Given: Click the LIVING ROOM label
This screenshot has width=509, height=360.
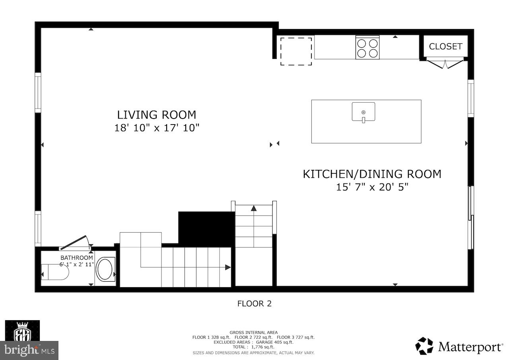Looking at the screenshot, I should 156,115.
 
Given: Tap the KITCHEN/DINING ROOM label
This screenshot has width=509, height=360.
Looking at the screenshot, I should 372,174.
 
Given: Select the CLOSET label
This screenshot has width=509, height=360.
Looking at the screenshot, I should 445,47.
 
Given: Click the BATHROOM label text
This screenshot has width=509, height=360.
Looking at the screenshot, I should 76,258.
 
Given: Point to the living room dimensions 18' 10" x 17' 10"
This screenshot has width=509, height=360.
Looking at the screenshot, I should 156,128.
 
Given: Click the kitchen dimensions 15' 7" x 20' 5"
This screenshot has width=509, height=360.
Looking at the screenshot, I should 372,187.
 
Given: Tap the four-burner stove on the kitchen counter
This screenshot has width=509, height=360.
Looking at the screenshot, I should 367,48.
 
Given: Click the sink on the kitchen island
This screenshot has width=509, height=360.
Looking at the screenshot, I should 363,112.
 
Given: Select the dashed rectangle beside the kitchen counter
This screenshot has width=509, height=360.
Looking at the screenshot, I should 296,51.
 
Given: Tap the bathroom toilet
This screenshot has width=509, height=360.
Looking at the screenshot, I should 54,272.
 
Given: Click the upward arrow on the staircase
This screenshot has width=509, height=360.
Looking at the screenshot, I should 254,208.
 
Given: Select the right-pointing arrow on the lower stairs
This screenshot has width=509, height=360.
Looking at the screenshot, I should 227,267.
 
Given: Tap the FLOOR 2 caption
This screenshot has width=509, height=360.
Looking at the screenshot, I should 254,304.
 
